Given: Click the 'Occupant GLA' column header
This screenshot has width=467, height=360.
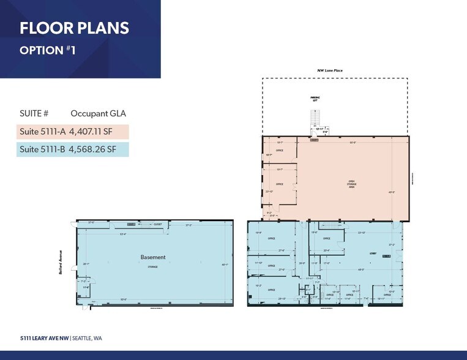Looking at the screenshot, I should pyautogui.click(x=98, y=113).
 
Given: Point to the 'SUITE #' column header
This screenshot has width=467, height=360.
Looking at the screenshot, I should pyautogui.click(x=34, y=113).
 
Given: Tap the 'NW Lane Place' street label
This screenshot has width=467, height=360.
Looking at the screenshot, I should pyautogui.click(x=329, y=71).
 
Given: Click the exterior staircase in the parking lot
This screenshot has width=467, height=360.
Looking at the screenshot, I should pyautogui.click(x=315, y=116).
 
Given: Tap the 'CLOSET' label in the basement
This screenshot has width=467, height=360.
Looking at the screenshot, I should pyautogui.click(x=157, y=225).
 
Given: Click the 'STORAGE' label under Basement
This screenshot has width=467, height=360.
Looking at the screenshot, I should pyautogui.click(x=152, y=267).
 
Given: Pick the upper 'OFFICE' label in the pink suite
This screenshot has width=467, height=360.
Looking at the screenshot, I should pyautogui.click(x=279, y=150).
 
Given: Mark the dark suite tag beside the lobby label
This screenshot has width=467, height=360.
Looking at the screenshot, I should pyautogui.click(x=386, y=257).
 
